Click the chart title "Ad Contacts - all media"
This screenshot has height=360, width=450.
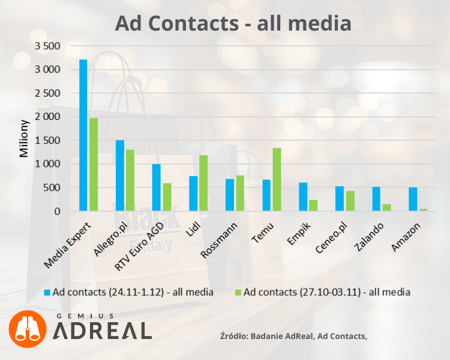[233, 23]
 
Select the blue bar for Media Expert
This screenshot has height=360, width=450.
[83, 136]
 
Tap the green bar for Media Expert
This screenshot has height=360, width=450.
[94, 164]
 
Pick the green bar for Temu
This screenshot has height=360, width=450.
[277, 179]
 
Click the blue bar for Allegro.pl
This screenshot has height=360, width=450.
[120, 176]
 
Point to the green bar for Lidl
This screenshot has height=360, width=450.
[203, 183]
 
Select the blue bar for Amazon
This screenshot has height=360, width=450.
[413, 199]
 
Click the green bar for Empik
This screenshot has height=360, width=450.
[313, 205]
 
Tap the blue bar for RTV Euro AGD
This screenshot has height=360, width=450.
[157, 188]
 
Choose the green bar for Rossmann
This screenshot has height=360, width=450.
[240, 193]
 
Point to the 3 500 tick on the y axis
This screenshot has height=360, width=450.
[49, 46]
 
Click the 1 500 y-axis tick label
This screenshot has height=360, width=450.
[49, 140]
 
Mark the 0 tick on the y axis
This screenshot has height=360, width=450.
[58, 211]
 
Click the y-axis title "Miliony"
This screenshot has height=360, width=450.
[24, 139]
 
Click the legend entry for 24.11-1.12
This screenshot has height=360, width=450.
[128, 292]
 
